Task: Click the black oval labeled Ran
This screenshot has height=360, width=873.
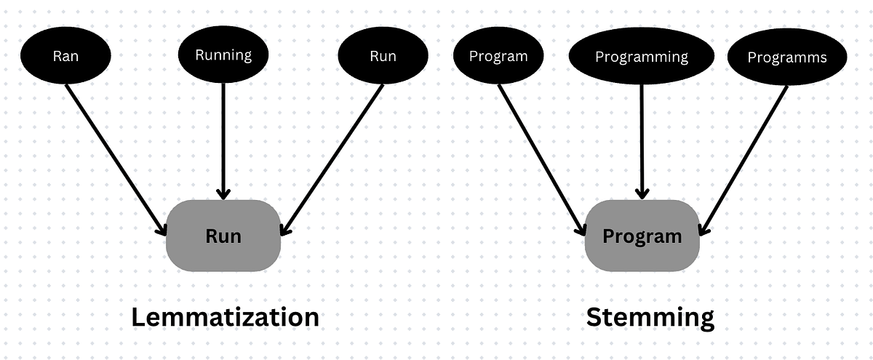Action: tap(65, 56)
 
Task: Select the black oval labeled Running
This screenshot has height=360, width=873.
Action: tap(223, 55)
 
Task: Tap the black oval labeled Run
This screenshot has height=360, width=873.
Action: tap(383, 56)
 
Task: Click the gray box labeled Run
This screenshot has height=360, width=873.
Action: tap(223, 236)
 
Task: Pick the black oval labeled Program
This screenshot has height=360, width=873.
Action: tap(498, 57)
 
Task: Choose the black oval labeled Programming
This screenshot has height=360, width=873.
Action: tap(641, 57)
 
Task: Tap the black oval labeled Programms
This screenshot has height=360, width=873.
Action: tap(787, 57)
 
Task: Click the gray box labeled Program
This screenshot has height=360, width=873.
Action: tap(642, 236)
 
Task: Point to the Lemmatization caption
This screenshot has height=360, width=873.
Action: tap(224, 317)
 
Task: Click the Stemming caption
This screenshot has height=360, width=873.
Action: tap(650, 317)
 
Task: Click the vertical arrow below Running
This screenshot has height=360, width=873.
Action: tap(223, 138)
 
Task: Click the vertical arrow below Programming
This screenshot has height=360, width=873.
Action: tap(641, 138)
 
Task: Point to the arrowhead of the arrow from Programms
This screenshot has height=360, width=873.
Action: tap(703, 229)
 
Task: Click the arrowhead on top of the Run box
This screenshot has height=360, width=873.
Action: tap(223, 193)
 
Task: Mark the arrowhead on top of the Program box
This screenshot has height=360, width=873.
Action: tap(641, 193)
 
